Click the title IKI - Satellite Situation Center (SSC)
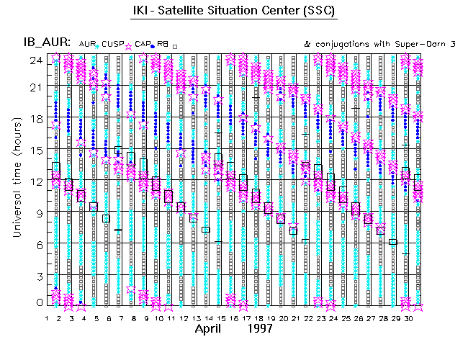(234, 13)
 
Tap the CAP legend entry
(142, 44)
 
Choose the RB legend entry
(163, 44)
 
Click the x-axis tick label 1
(47, 318)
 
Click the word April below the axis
(213, 329)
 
